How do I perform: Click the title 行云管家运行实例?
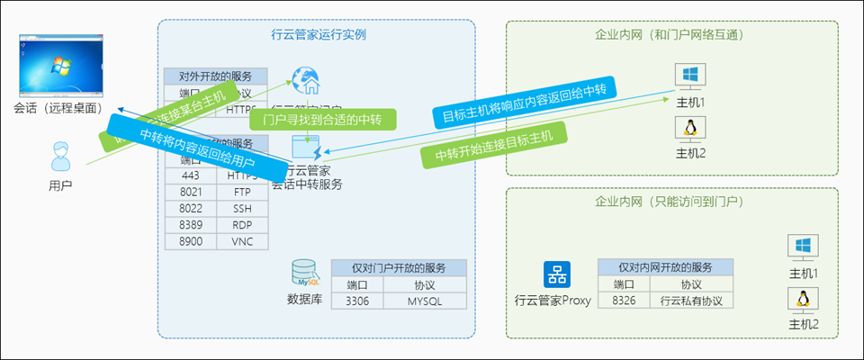tap(318, 35)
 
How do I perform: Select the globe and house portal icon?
tap(308, 81)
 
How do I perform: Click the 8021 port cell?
tap(191, 192)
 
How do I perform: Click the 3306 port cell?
tap(357, 301)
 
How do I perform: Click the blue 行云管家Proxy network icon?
tap(553, 274)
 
